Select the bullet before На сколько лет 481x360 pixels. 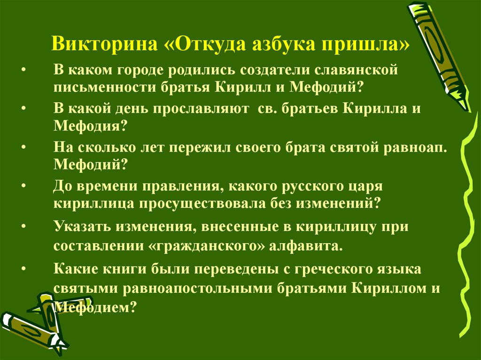coord(24,147)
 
